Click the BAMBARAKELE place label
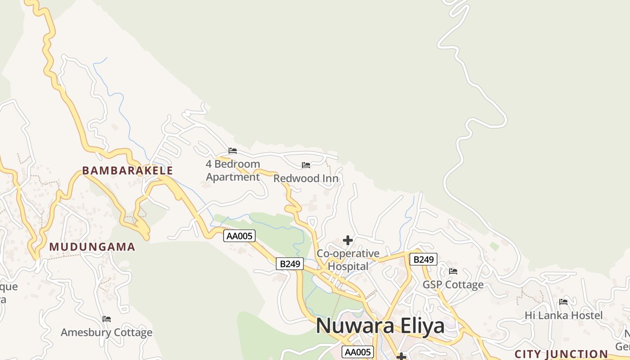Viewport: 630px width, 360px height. (x=127, y=171)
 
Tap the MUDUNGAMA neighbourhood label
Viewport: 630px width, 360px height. (x=92, y=247)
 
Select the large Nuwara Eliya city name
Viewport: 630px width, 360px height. (x=380, y=326)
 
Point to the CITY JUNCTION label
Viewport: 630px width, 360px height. (x=561, y=354)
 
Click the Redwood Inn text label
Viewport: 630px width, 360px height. (x=306, y=179)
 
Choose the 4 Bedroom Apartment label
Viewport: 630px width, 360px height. (x=233, y=171)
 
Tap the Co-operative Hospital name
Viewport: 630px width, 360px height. (x=348, y=260)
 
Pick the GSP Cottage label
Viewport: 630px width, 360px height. (x=453, y=285)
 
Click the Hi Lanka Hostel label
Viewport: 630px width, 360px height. (x=563, y=315)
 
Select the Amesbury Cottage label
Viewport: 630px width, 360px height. (x=107, y=333)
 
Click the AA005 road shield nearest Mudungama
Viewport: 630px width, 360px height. (x=239, y=236)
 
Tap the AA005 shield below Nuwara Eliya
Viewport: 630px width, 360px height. (x=358, y=352)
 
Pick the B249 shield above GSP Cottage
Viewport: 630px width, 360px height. (x=423, y=259)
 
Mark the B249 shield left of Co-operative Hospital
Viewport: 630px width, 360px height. (x=290, y=264)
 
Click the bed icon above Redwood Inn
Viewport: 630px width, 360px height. (x=306, y=165)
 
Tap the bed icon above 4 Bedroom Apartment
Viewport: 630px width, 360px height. (x=233, y=151)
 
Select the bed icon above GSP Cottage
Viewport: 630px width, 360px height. (x=453, y=271)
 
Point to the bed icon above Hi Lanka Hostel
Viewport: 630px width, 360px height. (x=563, y=302)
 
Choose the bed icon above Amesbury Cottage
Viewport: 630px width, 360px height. (x=107, y=319)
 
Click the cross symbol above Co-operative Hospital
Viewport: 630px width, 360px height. (x=348, y=240)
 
